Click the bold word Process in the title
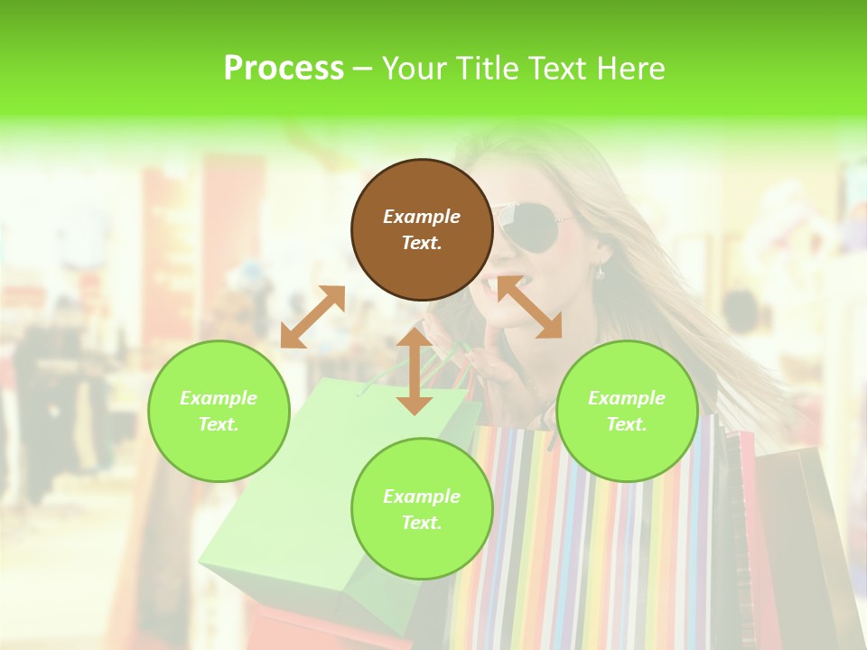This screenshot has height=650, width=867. coord(284,69)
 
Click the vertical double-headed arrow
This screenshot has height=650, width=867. coord(415,371)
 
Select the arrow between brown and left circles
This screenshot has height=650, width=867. coord(312,317)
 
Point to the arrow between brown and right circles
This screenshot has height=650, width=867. coord(529,307)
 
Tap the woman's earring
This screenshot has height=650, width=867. coord(600,271)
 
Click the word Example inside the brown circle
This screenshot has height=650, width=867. coord(422,217)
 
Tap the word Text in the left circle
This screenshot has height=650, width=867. coord(219,424)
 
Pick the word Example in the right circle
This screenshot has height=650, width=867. coord(627,398)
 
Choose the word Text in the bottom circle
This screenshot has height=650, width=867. coord(422,523)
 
